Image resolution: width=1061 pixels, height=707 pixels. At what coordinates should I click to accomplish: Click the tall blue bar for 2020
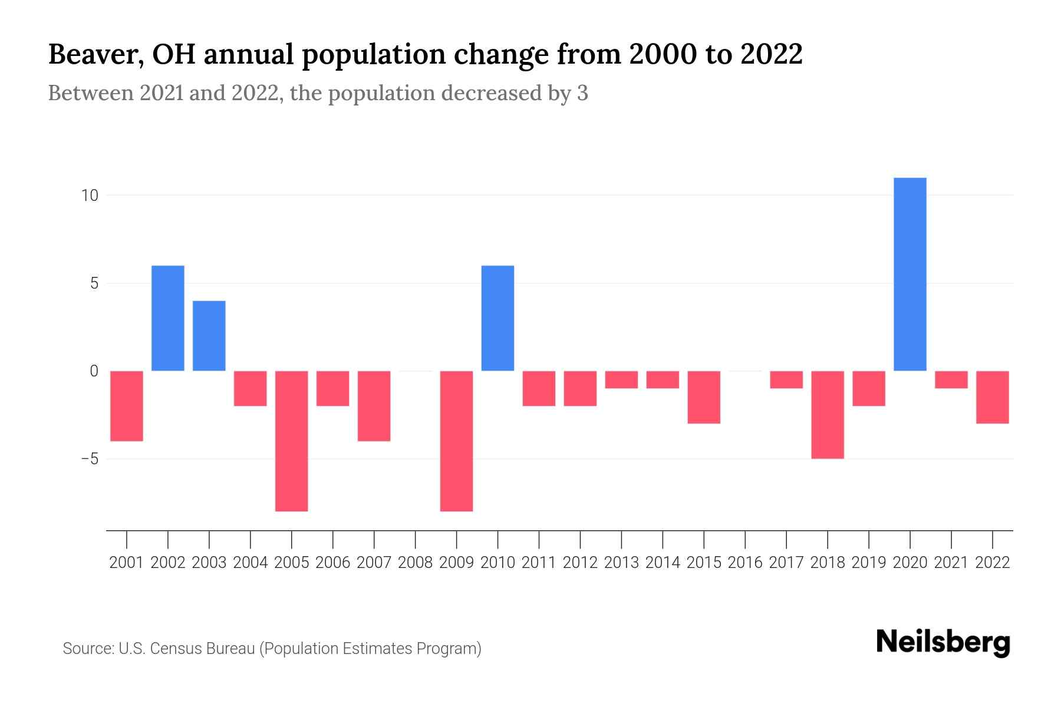tap(910, 274)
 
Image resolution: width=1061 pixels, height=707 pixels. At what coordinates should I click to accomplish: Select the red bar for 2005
tap(292, 441)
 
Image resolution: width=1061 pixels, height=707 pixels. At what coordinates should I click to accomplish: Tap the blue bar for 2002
tap(168, 318)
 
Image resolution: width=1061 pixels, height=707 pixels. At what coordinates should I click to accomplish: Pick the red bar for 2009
tap(457, 441)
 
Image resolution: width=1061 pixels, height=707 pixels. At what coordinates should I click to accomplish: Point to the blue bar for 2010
tap(497, 318)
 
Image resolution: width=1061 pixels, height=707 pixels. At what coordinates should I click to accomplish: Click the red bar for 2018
tap(828, 414)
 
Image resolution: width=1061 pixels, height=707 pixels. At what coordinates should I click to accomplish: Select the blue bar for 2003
tap(209, 336)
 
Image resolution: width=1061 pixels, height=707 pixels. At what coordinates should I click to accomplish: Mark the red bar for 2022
tap(993, 397)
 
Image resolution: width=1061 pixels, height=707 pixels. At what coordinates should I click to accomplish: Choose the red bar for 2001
tap(127, 405)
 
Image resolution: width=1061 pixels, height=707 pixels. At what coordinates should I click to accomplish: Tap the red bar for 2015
tap(704, 397)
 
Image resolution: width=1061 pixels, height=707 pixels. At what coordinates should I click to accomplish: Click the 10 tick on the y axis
tap(89, 196)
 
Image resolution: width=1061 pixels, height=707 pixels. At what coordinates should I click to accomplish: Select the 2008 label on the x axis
tap(416, 563)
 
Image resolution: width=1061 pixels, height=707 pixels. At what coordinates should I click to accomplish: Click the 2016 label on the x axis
tap(745, 563)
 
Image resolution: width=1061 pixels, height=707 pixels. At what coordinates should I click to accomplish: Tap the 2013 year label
tap(621, 563)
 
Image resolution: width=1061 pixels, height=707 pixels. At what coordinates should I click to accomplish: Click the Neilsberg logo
tap(943, 643)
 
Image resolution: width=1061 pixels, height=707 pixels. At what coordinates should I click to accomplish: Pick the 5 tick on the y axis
tap(94, 284)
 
